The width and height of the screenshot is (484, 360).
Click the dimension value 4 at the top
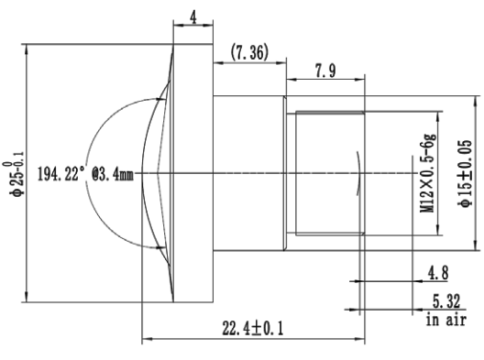193,18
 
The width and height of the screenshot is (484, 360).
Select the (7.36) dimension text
249,52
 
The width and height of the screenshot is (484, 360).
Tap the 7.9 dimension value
325,71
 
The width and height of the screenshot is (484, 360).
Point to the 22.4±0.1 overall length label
253,328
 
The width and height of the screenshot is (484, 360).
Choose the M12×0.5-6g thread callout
428,173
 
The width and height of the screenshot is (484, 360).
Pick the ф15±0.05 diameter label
465,173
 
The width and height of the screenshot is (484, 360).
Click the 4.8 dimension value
437,273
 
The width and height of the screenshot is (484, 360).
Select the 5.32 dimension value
446,301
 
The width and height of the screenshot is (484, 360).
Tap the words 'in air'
446,320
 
